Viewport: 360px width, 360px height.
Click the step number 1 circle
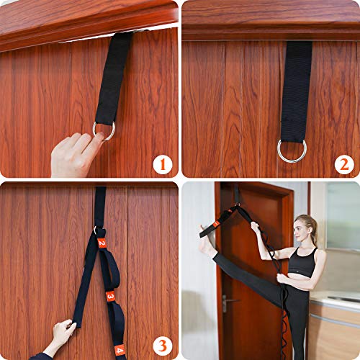tap(163, 165)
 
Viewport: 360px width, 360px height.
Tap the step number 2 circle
tap(344, 165)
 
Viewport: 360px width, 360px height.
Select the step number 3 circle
tap(163, 346)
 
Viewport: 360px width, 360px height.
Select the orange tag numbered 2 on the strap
tap(102, 243)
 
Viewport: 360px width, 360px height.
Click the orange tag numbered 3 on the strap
tap(110, 296)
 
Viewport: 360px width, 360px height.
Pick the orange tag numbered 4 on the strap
tap(120, 351)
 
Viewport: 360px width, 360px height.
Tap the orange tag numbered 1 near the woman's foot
tap(216, 224)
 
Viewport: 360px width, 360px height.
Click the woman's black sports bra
tap(303, 262)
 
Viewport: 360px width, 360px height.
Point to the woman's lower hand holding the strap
tap(282, 279)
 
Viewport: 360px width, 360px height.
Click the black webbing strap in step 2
tap(297, 92)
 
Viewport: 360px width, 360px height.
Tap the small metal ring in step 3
tap(95, 230)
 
